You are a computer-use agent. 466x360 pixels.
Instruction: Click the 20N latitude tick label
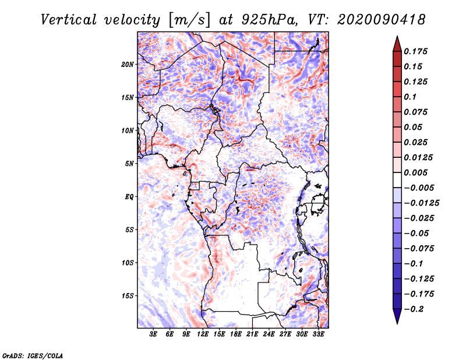tap(128, 64)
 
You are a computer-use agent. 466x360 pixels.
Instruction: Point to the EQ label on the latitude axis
tap(129, 197)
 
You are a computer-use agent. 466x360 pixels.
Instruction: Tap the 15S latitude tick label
tap(128, 296)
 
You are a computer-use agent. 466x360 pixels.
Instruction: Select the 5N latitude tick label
tap(129, 164)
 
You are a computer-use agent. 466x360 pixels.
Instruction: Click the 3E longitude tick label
tap(154, 335)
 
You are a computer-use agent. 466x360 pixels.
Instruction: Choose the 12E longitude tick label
tap(203, 335)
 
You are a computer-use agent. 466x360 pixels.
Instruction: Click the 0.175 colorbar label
tap(416, 51)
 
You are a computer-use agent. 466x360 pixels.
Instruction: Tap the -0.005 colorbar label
tap(418, 188)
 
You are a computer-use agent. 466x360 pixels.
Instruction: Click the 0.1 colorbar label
tap(410, 97)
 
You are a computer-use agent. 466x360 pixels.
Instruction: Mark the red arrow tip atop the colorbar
tap(397, 39)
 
